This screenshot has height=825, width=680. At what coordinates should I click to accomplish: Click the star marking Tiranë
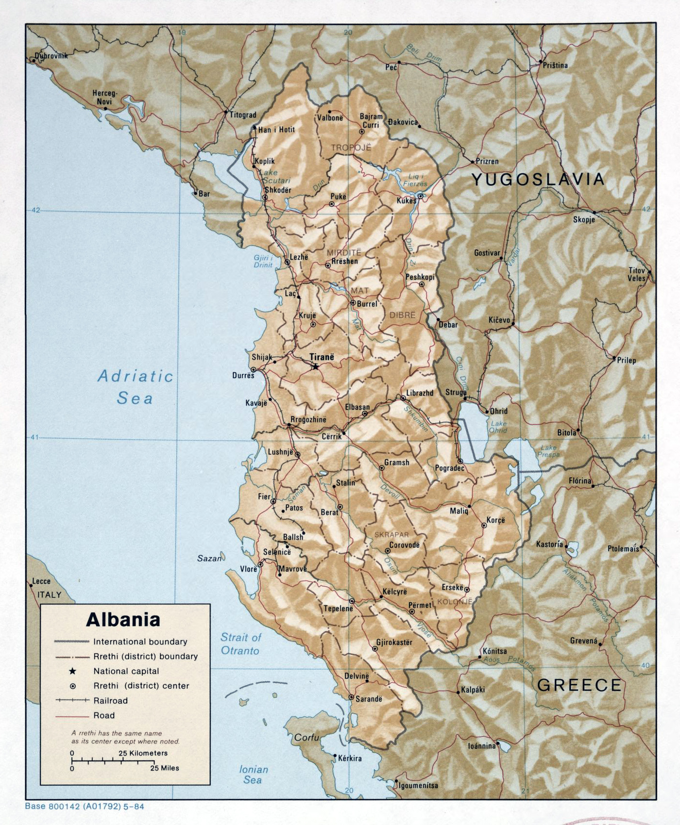coord(316,366)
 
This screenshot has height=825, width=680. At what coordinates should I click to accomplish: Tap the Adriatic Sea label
coord(135,387)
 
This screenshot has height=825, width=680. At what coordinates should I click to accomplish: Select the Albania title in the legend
coord(123,620)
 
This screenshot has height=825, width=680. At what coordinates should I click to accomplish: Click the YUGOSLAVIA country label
coord(538,180)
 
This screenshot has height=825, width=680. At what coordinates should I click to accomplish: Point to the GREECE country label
coord(579,685)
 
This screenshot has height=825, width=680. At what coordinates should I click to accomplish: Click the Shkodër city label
coord(278,190)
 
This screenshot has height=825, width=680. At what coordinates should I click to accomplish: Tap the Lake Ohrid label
coord(498,427)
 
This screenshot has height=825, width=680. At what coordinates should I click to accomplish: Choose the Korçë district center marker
coord(484,525)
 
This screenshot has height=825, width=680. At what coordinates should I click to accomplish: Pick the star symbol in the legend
coord(72,671)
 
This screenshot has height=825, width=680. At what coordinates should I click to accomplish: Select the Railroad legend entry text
coord(110,701)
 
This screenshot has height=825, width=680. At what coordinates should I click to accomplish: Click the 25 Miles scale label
coord(164,768)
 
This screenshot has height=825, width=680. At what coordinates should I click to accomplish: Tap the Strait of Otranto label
coord(240,643)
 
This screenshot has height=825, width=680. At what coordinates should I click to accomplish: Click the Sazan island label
coord(209,558)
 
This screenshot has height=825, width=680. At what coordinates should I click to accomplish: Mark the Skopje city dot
coord(594,213)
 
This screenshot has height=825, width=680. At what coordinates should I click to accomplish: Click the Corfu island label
coord(306,737)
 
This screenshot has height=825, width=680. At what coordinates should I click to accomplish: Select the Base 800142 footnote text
coord(84,807)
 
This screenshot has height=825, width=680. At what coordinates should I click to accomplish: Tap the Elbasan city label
coord(357,407)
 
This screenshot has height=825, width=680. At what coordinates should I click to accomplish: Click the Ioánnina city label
coord(481,745)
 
